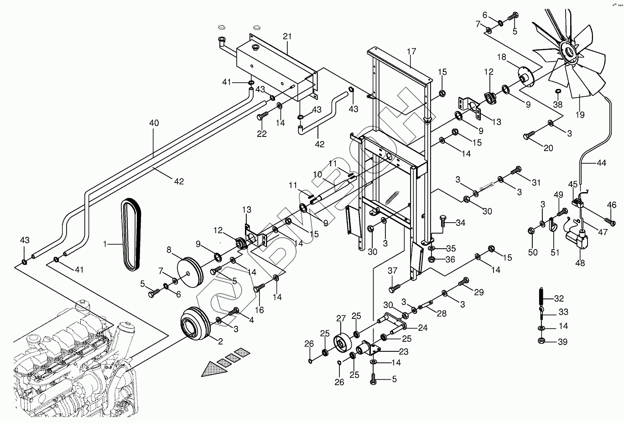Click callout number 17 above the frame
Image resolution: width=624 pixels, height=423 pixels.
411,52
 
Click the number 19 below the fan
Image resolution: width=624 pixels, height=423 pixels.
580,115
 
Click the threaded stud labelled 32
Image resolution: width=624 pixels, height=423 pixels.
541,297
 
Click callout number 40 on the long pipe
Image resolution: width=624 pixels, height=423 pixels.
154,123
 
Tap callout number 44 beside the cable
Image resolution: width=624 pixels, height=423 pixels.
601,162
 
